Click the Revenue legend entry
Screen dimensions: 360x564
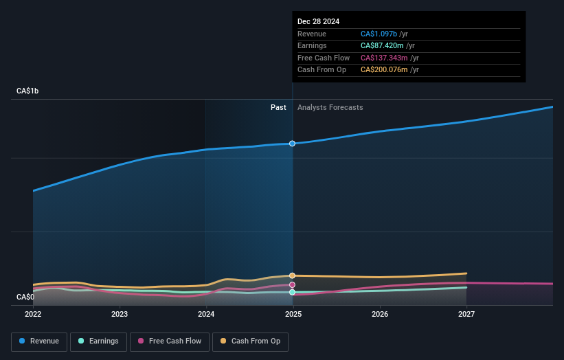coord(39,341)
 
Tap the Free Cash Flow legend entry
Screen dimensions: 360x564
coord(170,341)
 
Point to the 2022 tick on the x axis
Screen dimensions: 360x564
coord(33,315)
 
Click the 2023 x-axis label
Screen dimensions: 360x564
coord(120,315)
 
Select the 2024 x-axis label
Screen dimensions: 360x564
coord(206,315)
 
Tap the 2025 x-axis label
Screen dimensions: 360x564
coord(293,315)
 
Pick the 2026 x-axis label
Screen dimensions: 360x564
coord(380,315)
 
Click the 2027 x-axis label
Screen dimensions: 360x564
coord(466,315)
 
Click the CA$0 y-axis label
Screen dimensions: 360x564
coord(25,297)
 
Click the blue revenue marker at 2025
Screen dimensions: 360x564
coord(292,144)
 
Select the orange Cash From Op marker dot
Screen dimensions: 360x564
coord(292,275)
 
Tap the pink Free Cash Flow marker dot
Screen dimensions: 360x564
coord(292,284)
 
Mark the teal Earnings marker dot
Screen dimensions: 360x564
coord(292,292)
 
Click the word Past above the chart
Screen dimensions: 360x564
coord(278,107)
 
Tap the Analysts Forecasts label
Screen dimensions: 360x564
coord(330,107)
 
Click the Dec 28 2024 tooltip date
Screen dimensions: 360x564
coord(318,21)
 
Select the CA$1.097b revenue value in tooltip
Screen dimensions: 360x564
coord(379,34)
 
